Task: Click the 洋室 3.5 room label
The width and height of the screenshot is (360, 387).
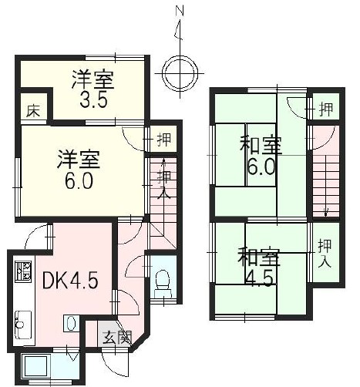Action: (93, 89)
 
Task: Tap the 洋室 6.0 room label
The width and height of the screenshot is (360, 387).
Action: (79, 169)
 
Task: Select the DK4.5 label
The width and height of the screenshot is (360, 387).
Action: (70, 281)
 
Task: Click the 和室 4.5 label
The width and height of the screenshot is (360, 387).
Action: (258, 267)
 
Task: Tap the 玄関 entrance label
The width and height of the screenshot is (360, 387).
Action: (117, 338)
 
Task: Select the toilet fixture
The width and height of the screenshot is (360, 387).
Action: (163, 284)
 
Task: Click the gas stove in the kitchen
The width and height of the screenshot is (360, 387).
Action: (23, 271)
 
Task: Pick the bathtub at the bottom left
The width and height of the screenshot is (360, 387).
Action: (35, 368)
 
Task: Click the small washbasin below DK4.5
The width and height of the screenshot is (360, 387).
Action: (71, 323)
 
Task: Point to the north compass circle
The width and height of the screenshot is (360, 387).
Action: (181, 72)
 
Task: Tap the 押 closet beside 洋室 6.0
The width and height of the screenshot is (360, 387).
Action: (164, 140)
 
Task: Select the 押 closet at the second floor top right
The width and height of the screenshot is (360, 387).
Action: (326, 109)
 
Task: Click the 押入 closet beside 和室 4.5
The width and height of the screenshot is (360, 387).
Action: (325, 253)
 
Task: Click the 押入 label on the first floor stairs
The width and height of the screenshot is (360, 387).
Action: (163, 184)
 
